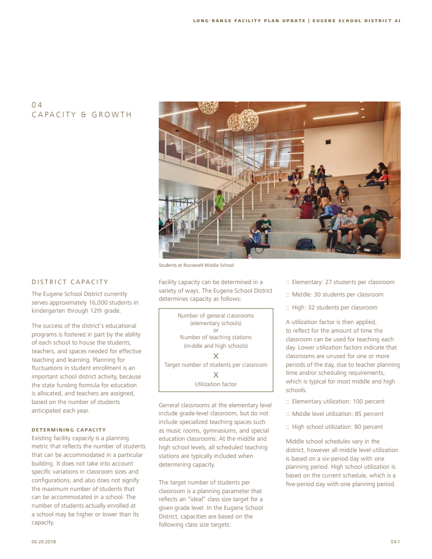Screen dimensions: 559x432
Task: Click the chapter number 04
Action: pos(37,105)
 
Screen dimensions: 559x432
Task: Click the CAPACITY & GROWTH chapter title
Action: pos(82,115)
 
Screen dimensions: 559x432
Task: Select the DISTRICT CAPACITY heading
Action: pos(70,282)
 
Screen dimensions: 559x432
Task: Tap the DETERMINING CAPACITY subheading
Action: pos(69,430)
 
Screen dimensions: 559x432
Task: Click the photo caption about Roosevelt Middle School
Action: pos(196,265)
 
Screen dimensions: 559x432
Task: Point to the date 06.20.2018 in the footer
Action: pos(44,541)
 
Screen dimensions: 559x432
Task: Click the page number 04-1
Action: pos(395,541)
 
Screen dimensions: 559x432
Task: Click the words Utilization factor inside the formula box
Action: pos(215,384)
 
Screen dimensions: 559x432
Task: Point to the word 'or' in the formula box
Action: pos(215,330)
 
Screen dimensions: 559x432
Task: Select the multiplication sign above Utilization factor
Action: pos(215,374)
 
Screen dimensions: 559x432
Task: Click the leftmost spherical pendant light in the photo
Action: pos(207,107)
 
